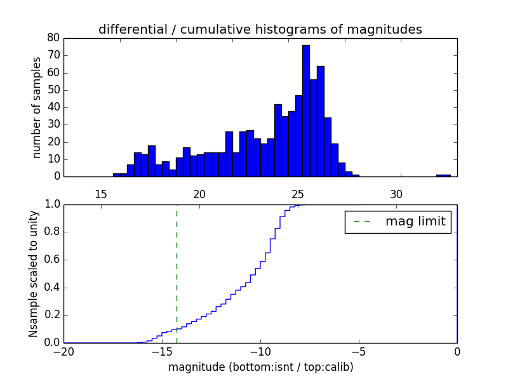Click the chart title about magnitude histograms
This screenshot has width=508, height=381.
pos(260,29)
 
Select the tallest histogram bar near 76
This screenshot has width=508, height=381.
pos(306,111)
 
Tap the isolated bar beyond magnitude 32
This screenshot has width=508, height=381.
pos(443,175)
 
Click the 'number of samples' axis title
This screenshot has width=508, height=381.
pos(37,107)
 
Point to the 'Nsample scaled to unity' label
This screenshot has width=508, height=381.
pos(34,274)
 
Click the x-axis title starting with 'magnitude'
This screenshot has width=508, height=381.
pos(260,367)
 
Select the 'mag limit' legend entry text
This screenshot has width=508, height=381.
pos(415,222)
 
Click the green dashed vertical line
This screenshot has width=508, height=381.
pos(177,273)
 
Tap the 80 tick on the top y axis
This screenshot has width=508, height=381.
pos(53,38)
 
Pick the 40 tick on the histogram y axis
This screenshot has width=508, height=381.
pos(53,107)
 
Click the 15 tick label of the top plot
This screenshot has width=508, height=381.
pos(100,194)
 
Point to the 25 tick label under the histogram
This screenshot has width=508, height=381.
pos(298,194)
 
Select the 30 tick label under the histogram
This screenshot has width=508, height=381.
pos(396,194)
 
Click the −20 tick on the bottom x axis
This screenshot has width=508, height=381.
pos(63,352)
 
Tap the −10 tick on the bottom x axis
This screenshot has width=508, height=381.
pos(260,352)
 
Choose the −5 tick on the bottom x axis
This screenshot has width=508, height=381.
pos(359,352)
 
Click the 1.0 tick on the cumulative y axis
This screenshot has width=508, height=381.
pos(52,204)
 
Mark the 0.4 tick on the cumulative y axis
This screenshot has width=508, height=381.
pos(52,288)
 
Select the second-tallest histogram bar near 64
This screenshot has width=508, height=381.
pos(321,121)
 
